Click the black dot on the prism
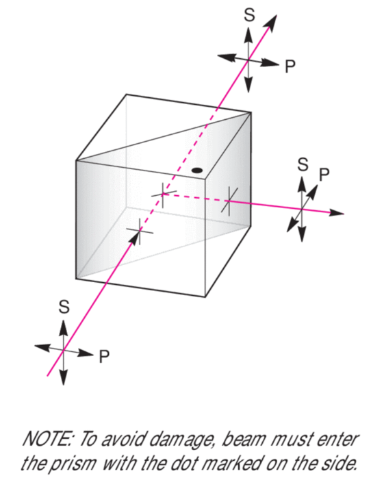(x=196, y=171)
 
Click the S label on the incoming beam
(x=64, y=306)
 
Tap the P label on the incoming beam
(x=104, y=357)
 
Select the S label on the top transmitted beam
(x=249, y=15)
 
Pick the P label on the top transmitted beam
(x=290, y=67)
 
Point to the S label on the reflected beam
(x=303, y=164)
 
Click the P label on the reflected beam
(x=324, y=174)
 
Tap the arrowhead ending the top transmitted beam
(x=270, y=23)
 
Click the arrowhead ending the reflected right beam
(x=336, y=213)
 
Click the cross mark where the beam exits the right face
(x=229, y=201)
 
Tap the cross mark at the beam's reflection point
(x=164, y=194)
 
